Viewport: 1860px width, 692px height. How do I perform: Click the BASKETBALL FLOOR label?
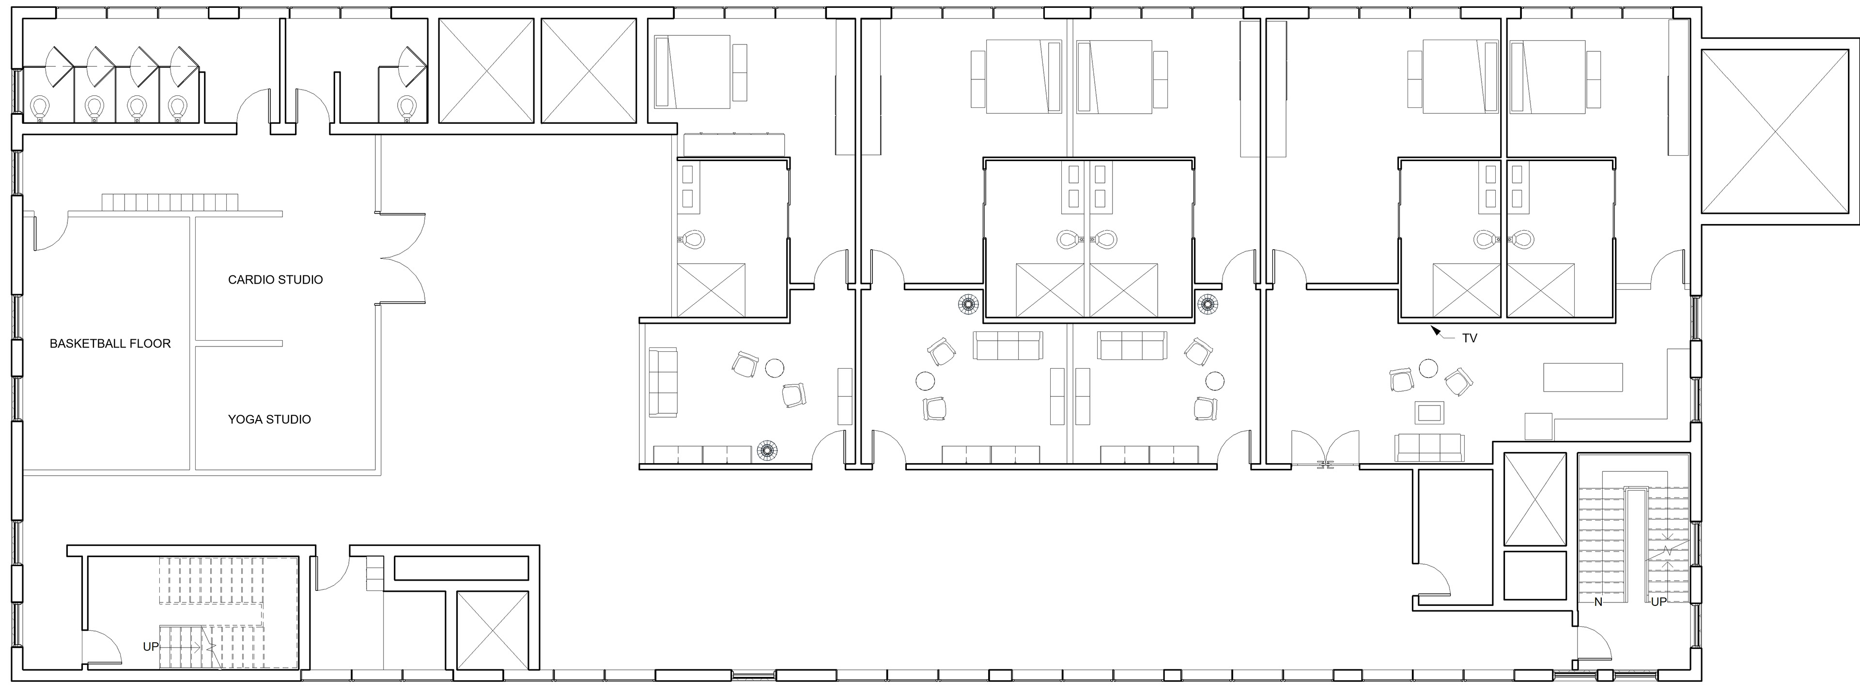[x=110, y=344]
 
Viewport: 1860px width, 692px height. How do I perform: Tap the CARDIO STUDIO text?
[x=275, y=279]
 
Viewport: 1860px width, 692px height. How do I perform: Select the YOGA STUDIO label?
[x=269, y=419]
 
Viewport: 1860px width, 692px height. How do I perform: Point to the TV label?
[x=1470, y=338]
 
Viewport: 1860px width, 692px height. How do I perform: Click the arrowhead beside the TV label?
[x=1435, y=331]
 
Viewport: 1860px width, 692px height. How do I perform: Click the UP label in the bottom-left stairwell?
[x=150, y=647]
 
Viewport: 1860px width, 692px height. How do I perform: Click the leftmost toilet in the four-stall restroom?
[x=40, y=107]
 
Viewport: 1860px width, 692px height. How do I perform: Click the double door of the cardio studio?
[x=403, y=257]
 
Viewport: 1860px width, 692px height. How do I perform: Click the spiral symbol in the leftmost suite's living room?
[x=767, y=451]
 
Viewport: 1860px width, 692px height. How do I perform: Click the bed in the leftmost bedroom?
[x=692, y=72]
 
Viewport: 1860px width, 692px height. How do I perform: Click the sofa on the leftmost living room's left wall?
[x=663, y=382]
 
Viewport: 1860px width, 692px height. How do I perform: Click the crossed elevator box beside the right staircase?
[x=1535, y=498]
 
